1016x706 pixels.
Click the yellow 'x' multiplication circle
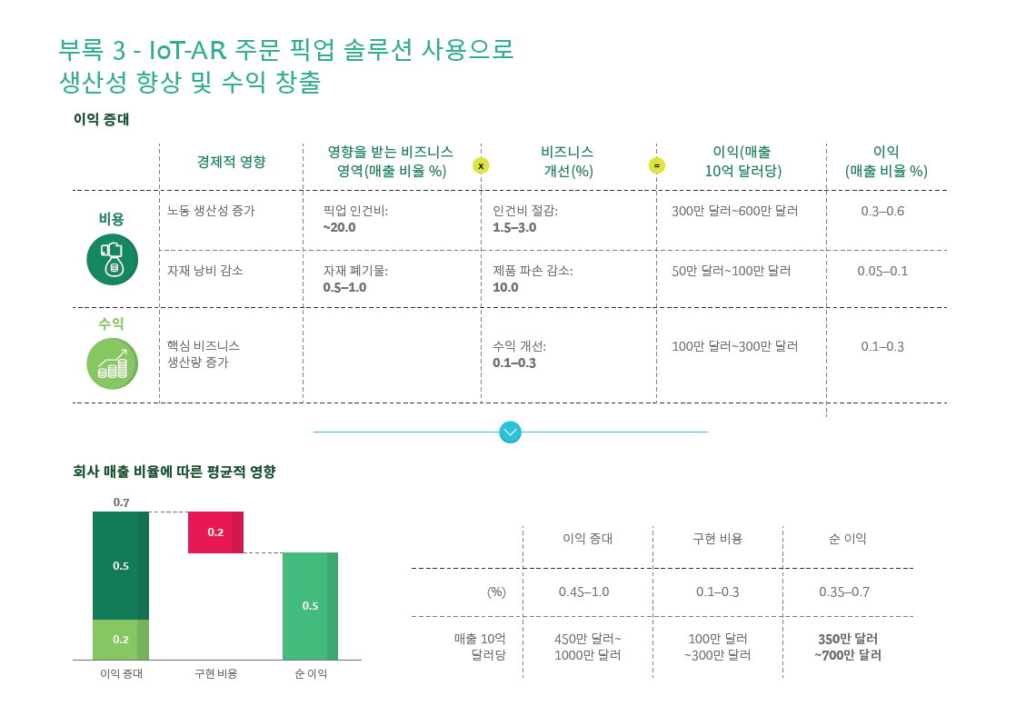click(x=481, y=165)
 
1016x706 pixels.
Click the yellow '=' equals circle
click(x=656, y=165)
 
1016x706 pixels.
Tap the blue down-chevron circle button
click(x=511, y=433)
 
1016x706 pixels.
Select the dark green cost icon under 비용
click(x=112, y=259)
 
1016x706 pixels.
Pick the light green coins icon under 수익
click(x=112, y=363)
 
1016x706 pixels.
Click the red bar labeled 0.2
click(x=215, y=532)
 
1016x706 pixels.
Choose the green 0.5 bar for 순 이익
click(x=310, y=605)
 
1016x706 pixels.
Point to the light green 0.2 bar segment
click(x=121, y=639)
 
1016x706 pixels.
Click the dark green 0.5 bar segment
click(x=121, y=565)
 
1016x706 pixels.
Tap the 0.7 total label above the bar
click(x=121, y=502)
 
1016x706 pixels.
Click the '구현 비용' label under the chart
click(x=216, y=674)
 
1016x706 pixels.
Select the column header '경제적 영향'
click(x=231, y=162)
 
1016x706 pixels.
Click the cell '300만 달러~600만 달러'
click(x=734, y=211)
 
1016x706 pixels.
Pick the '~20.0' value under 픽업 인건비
click(x=339, y=227)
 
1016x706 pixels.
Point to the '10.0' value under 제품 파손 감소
click(x=505, y=287)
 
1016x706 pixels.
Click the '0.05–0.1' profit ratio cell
click(x=882, y=271)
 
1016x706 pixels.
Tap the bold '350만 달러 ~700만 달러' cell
click(x=847, y=646)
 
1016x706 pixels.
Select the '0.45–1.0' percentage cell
click(x=583, y=592)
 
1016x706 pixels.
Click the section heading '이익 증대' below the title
click(x=101, y=119)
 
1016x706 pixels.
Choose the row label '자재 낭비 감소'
click(x=204, y=271)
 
